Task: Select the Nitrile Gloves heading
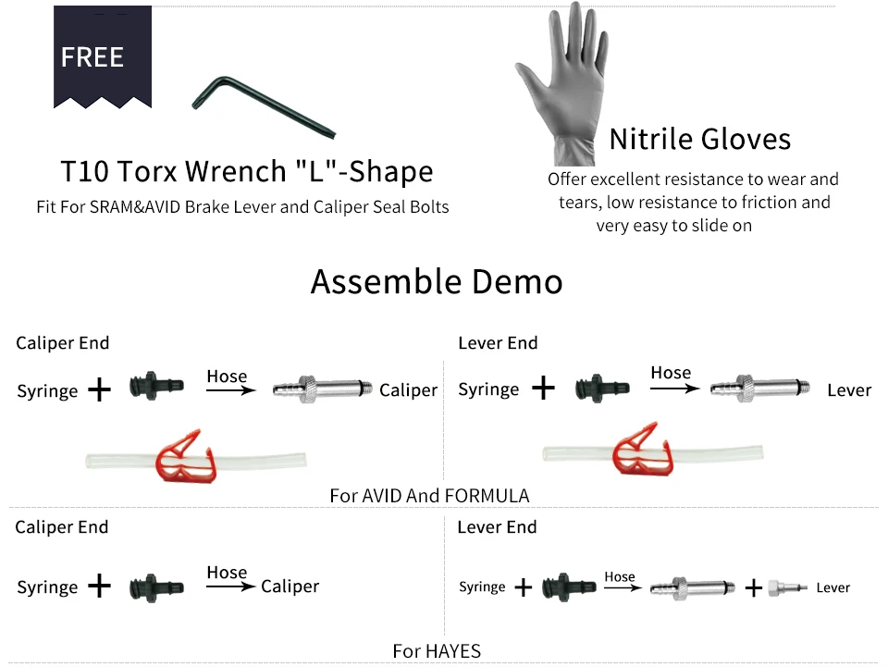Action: pyautogui.click(x=700, y=140)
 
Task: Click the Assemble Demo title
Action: pyautogui.click(x=437, y=281)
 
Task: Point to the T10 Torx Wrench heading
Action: pyautogui.click(x=247, y=172)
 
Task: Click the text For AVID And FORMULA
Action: pyautogui.click(x=429, y=496)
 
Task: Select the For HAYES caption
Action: pyautogui.click(x=437, y=651)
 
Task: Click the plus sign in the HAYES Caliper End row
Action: pyautogui.click(x=99, y=587)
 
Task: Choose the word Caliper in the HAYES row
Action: pyautogui.click(x=290, y=587)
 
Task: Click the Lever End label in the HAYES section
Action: pyautogui.click(x=497, y=527)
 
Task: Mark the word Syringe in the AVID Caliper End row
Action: pyautogui.click(x=47, y=391)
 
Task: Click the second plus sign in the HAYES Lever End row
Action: pyautogui.click(x=754, y=587)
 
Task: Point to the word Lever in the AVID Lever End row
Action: pyautogui.click(x=848, y=390)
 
